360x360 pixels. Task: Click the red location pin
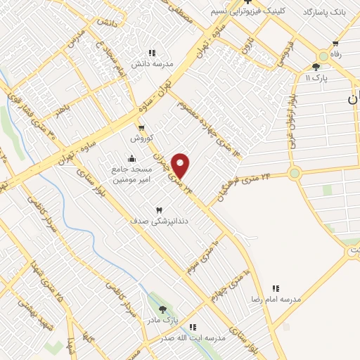181,165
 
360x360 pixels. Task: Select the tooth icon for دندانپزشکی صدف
159,210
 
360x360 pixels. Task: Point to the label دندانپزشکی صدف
149,221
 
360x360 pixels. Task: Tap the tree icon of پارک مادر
163,309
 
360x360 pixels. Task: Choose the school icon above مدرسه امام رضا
276,288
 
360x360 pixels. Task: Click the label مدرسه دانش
151,63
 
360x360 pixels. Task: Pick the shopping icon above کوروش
142,127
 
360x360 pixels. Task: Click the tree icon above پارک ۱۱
316,67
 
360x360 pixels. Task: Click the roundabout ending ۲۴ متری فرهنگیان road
294,173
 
